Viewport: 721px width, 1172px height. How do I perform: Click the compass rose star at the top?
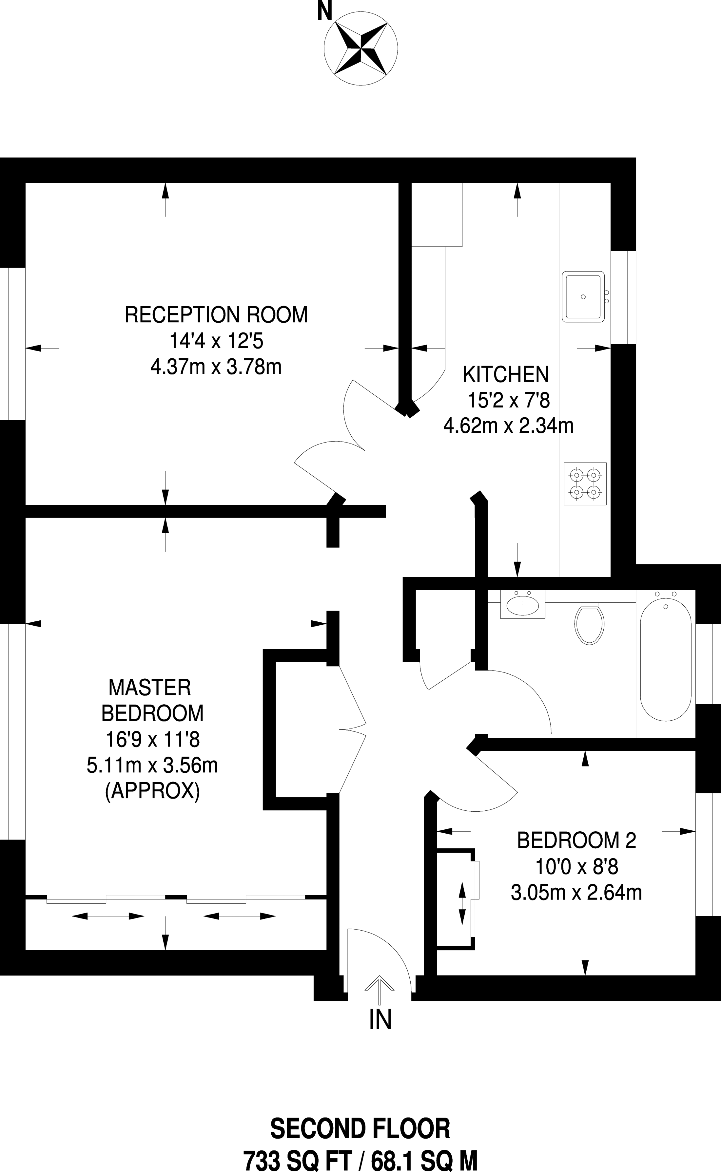tap(361, 48)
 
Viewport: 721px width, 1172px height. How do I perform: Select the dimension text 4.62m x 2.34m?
tap(508, 425)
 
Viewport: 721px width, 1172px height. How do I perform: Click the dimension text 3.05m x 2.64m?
tap(576, 892)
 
